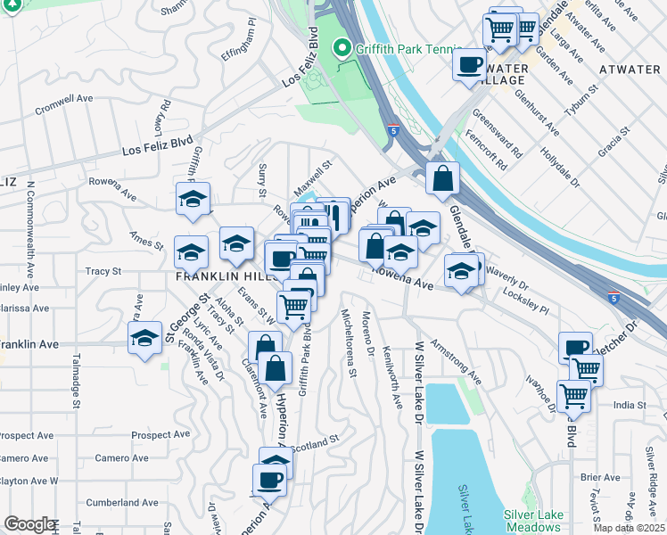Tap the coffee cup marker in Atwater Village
[469, 64]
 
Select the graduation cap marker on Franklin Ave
[144, 339]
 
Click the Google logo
[29, 524]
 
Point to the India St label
[629, 405]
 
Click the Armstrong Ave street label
[456, 361]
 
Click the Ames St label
[146, 241]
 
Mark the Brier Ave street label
[593, 478]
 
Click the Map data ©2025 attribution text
[630, 528]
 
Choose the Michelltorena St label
[349, 343]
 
